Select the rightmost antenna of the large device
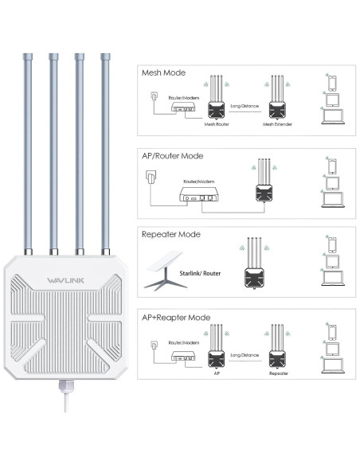tap(104, 151)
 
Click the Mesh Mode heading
tap(163, 73)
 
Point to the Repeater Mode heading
tap(171, 236)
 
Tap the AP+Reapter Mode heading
tap(176, 318)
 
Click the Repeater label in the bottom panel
tap(279, 371)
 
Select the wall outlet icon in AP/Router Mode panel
tap(154, 180)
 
